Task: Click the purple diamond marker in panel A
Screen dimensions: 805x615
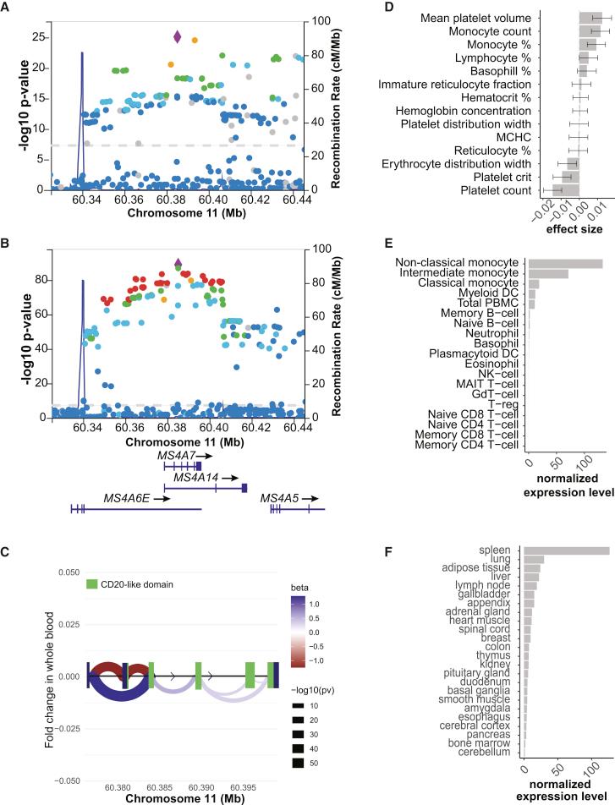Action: (178, 36)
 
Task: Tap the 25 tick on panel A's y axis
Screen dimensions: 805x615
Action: (36, 37)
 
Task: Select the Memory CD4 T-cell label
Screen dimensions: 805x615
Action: (469, 444)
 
